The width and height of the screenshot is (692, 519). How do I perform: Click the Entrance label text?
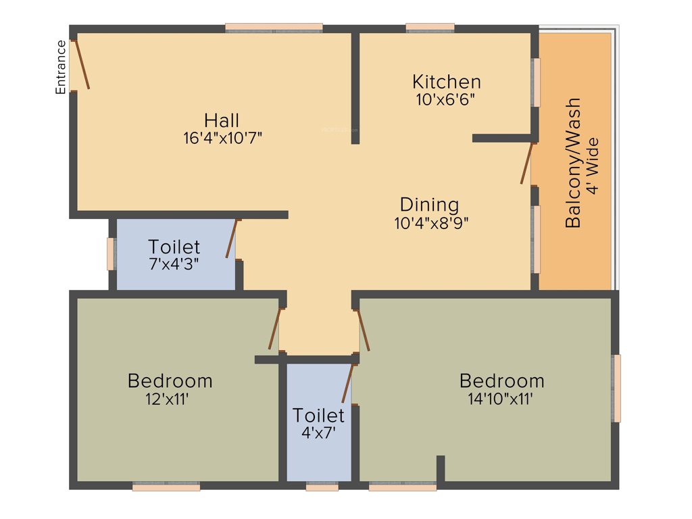[x=61, y=66]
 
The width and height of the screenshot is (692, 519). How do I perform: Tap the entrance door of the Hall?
[x=82, y=64]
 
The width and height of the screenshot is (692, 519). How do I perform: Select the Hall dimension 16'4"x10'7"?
[x=222, y=138]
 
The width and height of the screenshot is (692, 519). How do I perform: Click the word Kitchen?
[x=447, y=82]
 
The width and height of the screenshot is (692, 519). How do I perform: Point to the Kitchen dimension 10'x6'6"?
[x=447, y=99]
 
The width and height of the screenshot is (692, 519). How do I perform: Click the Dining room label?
[x=429, y=204]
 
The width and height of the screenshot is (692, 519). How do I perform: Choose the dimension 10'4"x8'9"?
[x=431, y=222]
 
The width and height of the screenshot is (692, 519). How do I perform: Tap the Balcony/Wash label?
[x=573, y=163]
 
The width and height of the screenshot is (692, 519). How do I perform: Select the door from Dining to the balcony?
[x=527, y=163]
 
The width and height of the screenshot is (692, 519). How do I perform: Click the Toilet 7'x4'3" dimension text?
[x=174, y=264]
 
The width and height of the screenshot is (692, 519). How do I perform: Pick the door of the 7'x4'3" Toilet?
[x=232, y=239]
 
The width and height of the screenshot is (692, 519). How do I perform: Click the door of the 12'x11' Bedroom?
[x=274, y=329]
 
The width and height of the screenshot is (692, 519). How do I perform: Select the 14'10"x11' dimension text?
[x=501, y=399]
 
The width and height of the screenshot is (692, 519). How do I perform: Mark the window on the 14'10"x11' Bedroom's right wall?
[x=616, y=388]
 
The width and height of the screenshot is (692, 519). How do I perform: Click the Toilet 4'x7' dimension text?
[x=318, y=431]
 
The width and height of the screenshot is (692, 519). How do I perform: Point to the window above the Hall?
[x=274, y=28]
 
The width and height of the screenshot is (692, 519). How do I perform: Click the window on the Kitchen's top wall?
[x=430, y=28]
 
